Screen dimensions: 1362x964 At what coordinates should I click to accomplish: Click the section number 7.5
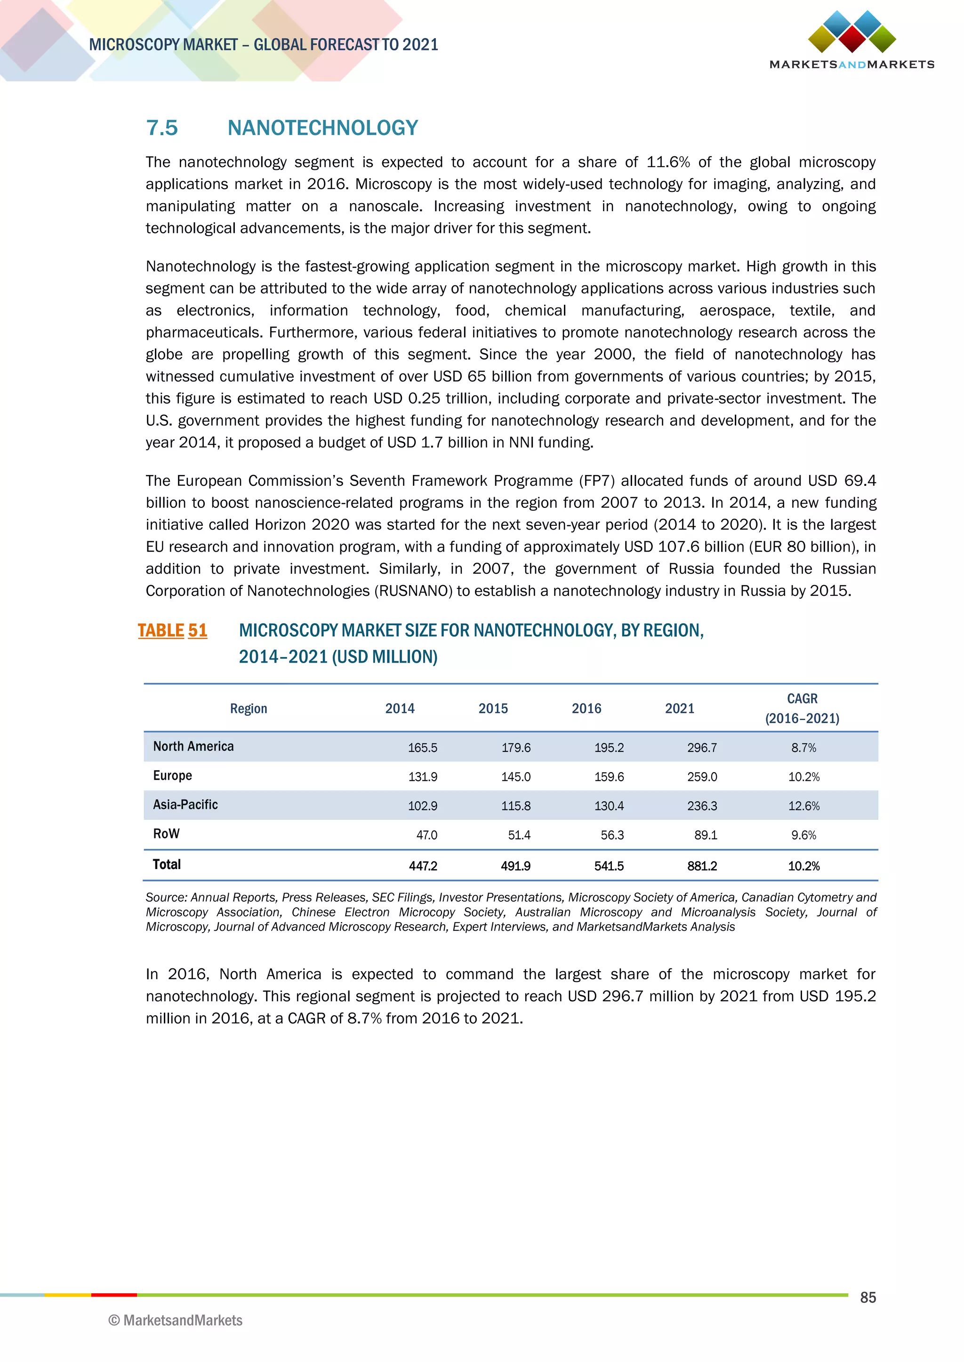[162, 128]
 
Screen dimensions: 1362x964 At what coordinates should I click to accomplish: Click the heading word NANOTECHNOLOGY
[322, 128]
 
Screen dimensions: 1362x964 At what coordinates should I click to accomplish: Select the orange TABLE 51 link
[172, 630]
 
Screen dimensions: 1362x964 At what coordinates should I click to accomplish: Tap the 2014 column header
[400, 708]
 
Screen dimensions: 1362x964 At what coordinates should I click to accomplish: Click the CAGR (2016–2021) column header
[802, 708]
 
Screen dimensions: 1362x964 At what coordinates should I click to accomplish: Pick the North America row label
[193, 746]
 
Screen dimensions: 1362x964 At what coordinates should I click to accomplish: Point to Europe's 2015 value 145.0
[516, 777]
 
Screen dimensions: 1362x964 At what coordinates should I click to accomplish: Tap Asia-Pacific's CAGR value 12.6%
[804, 806]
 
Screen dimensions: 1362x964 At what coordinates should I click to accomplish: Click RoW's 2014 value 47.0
[427, 835]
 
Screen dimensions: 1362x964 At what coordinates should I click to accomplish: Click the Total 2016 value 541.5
[609, 866]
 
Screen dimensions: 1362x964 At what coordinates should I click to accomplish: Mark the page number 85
[868, 1298]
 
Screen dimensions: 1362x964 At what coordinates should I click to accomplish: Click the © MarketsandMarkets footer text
[176, 1321]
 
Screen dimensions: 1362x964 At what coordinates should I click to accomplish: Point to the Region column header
[249, 708]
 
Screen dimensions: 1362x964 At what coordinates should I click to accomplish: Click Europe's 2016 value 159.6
[609, 777]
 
